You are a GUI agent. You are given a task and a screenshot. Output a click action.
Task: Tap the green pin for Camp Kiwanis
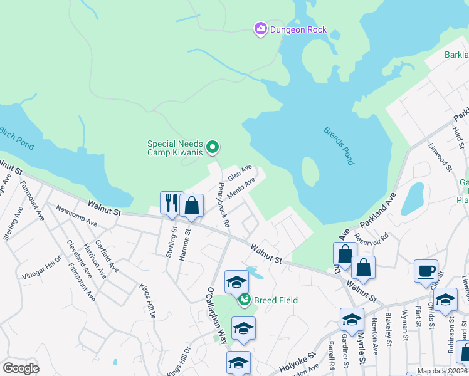coord(213,148)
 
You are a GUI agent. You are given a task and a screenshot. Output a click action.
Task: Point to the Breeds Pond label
coord(339,146)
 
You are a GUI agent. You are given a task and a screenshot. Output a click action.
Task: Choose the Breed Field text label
coord(275,300)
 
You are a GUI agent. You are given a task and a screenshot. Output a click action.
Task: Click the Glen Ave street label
coord(240,172)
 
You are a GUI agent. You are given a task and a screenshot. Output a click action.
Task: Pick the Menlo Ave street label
coord(241,188)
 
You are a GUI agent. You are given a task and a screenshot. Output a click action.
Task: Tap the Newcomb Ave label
coord(76,215)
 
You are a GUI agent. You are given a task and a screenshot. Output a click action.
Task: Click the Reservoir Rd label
coord(376,240)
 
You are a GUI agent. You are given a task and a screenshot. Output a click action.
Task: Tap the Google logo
coord(21,368)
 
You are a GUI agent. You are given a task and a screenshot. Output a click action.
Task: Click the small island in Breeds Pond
coord(310,173)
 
